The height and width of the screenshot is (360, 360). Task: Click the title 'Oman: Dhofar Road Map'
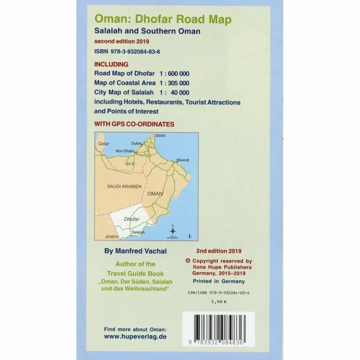pos(162,19)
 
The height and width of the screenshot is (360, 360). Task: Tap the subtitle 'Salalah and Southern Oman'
pos(147,31)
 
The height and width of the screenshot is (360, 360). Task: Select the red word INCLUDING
pos(111,64)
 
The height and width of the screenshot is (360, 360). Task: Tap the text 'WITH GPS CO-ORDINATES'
pos(134,124)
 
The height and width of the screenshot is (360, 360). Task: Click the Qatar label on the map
pos(103,144)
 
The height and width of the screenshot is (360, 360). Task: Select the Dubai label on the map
pos(136,143)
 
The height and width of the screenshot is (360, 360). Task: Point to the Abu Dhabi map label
pos(124,151)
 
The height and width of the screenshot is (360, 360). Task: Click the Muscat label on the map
pos(183,160)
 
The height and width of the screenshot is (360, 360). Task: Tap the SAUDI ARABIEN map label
pos(124,186)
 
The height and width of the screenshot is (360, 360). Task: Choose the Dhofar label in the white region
pos(132,219)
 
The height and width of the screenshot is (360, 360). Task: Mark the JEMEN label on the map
pos(111,237)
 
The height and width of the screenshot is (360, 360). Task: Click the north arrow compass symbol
pos(172,230)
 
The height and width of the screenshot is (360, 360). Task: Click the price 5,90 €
pos(219,301)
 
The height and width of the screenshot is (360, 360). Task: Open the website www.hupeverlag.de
pos(135,337)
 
